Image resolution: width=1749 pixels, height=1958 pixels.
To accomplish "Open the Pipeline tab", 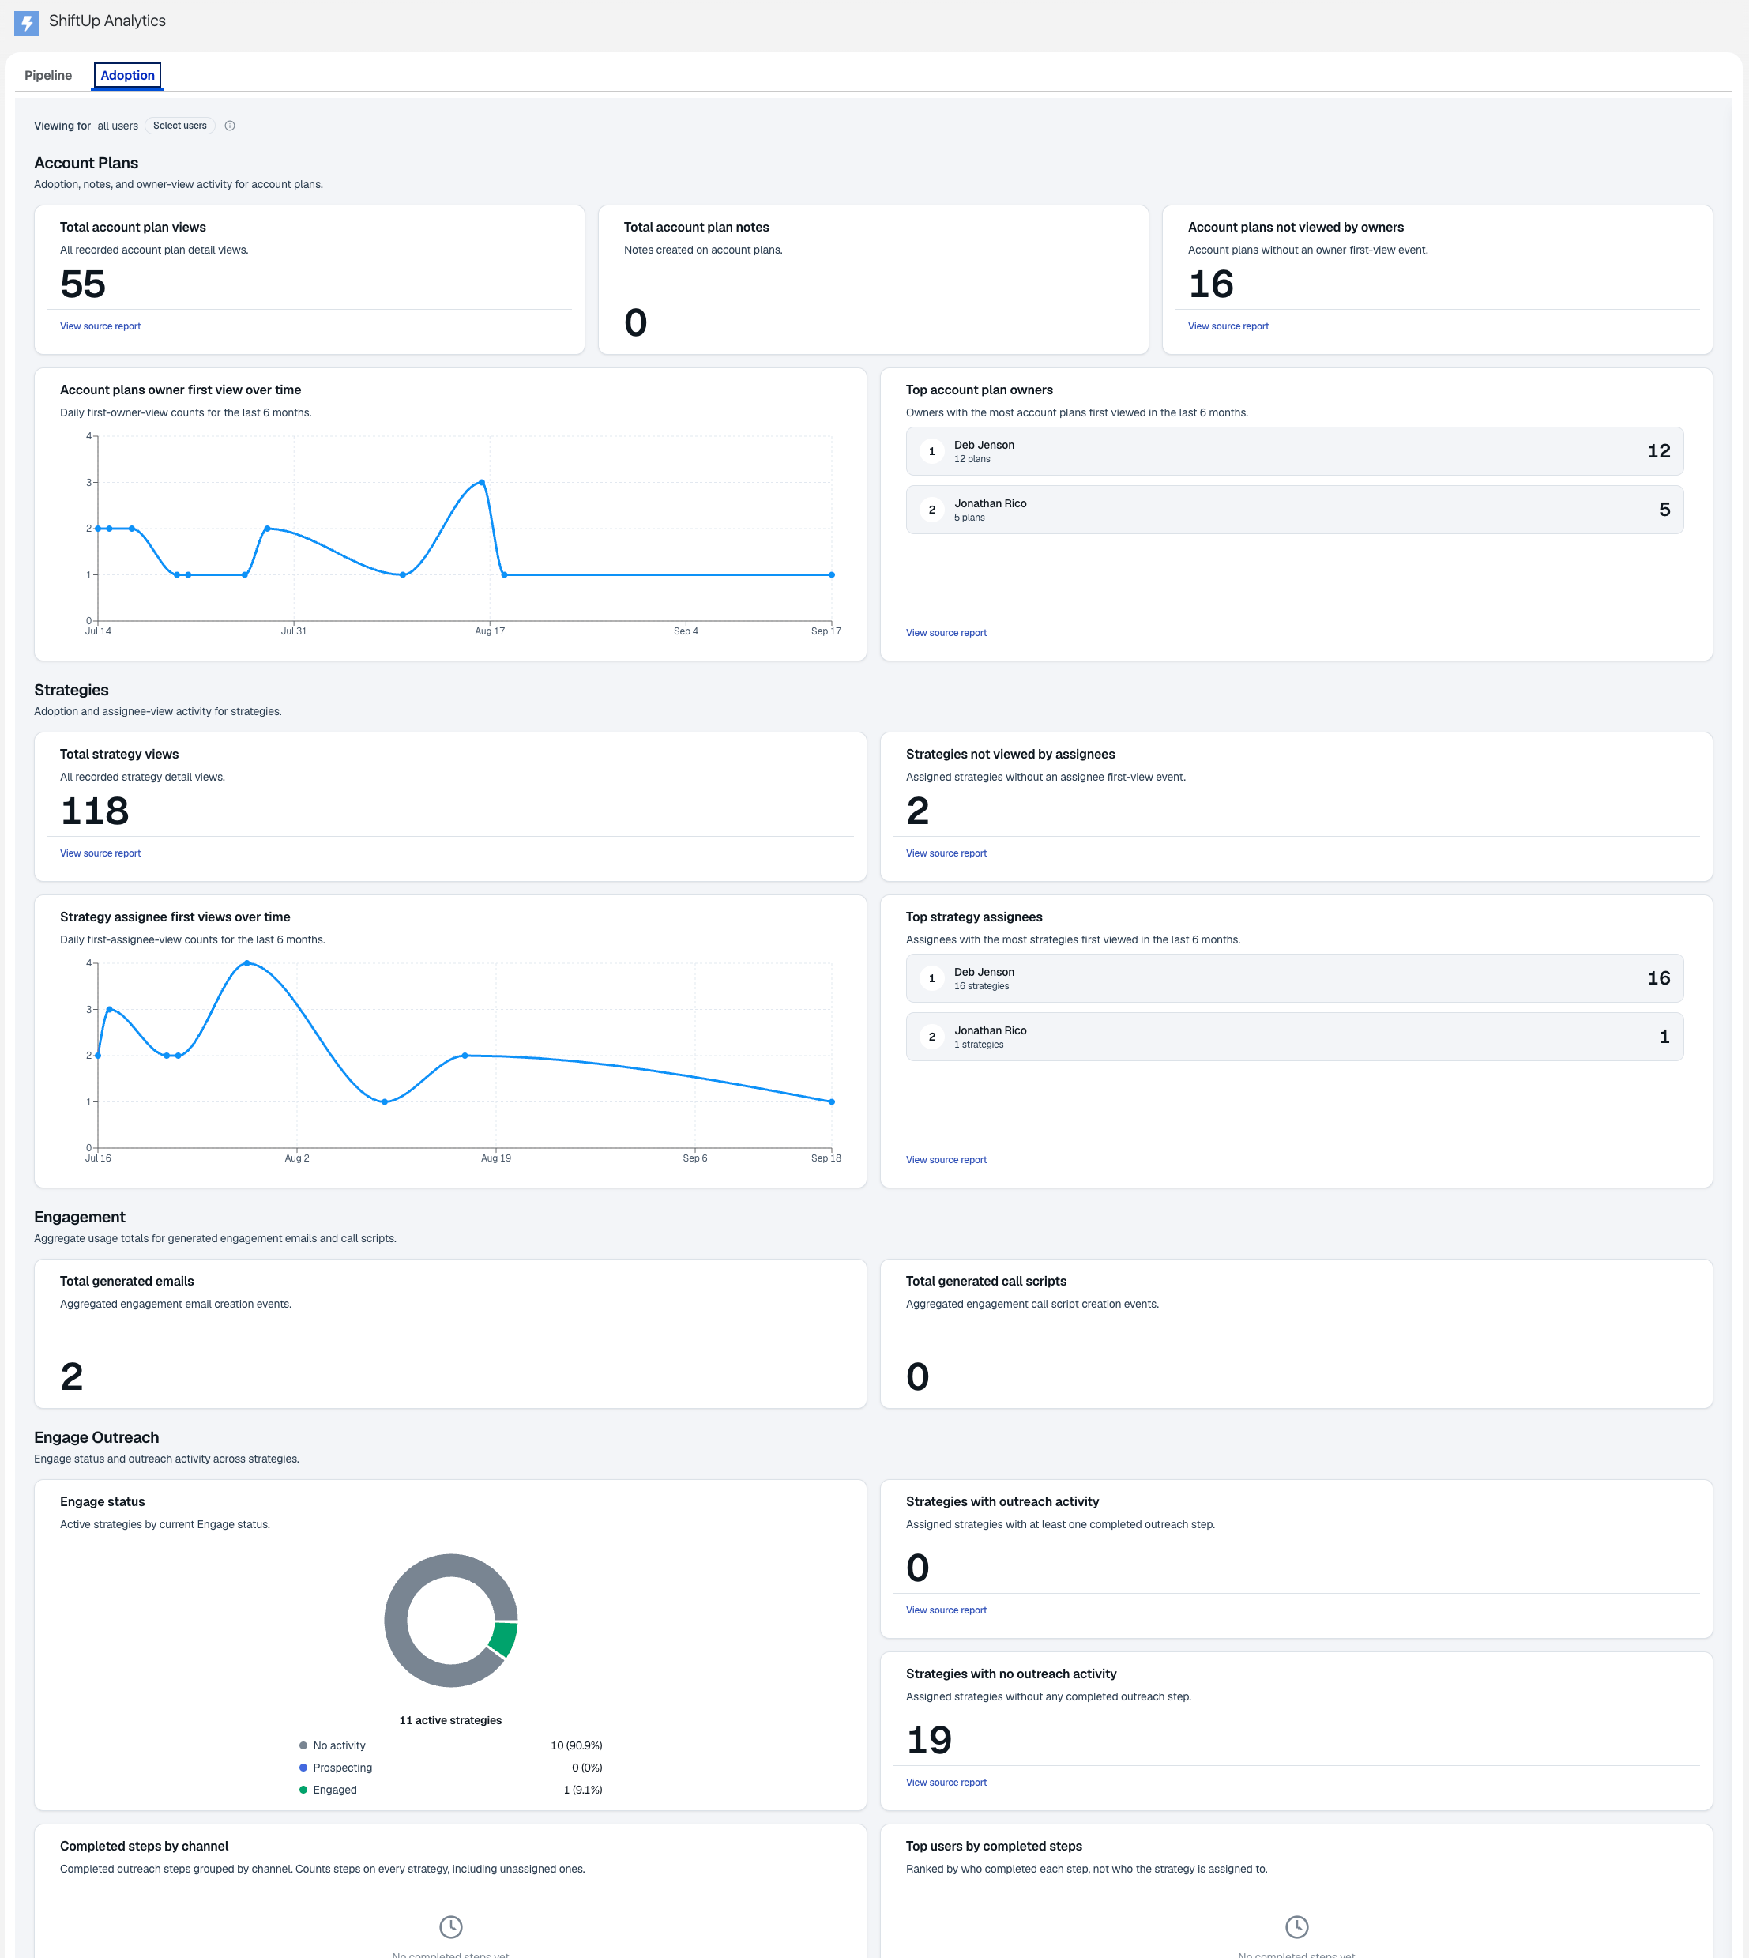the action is click(48, 75).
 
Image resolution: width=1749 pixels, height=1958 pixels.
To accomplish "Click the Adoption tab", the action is click(128, 75).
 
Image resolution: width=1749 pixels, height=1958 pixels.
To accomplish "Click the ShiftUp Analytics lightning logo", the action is click(27, 22).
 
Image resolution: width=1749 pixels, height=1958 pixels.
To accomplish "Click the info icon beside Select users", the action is click(230, 126).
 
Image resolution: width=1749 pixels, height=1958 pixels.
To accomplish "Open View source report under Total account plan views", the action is click(100, 326).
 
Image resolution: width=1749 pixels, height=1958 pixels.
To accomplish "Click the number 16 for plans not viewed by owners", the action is click(1211, 284).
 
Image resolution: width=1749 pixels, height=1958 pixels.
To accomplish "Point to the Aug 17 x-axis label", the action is click(489, 631).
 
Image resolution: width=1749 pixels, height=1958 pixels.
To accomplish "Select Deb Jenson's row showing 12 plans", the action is click(1295, 451).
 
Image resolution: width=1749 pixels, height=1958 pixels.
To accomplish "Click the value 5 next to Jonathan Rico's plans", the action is click(1664, 510).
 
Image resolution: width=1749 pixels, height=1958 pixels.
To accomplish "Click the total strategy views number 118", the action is click(94, 811).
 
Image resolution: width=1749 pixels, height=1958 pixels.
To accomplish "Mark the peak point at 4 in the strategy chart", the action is click(247, 963).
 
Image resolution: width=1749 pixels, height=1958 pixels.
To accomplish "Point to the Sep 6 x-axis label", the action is click(695, 1158).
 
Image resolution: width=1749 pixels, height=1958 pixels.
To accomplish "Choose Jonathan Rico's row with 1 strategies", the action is click(1295, 1036).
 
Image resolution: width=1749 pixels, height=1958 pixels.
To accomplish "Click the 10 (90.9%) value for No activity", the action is click(577, 1745).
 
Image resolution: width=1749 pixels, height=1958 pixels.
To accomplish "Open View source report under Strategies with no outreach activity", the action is click(946, 1782).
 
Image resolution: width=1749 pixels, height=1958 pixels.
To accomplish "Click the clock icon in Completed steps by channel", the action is click(451, 1926).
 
